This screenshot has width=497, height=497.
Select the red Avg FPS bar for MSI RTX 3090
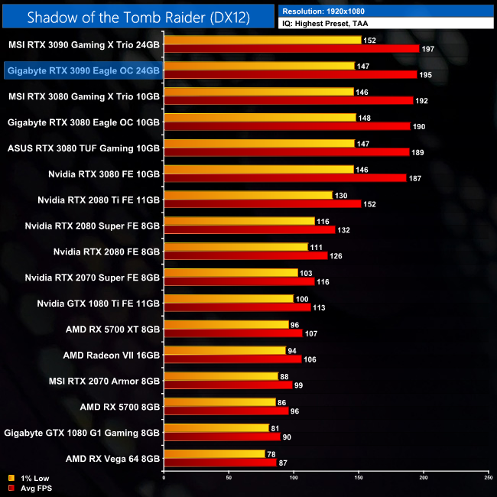(291, 48)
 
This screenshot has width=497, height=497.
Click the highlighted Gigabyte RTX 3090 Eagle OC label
(83, 70)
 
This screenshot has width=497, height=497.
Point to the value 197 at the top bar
(429, 49)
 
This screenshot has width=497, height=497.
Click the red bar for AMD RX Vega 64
(220, 463)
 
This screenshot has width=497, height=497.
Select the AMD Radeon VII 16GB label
(112, 356)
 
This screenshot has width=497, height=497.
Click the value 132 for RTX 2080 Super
(346, 230)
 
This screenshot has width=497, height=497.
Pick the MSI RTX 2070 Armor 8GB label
(104, 382)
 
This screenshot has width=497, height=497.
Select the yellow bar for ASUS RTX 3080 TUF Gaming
(259, 143)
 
